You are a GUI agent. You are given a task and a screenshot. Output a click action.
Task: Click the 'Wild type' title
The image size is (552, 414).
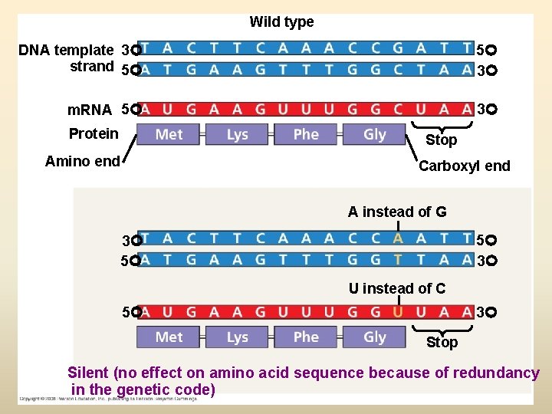[x=281, y=22]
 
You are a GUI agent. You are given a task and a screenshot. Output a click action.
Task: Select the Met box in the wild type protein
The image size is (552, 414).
[x=169, y=134]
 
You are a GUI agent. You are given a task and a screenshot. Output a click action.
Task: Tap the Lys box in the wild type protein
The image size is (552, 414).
[x=237, y=134]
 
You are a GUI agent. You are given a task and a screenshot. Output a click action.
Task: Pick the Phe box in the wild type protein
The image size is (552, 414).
[x=305, y=134]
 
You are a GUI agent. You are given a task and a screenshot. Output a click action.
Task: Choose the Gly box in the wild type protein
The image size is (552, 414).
[x=374, y=134]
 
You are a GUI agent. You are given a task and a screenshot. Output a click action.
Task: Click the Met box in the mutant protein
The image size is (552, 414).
[x=169, y=337]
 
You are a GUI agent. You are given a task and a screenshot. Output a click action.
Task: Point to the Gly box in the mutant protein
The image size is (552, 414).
[x=374, y=337]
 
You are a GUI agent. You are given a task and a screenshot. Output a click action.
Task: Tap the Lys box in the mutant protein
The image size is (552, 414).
[x=237, y=337]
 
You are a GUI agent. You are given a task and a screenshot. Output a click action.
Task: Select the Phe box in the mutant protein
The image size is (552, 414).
[x=305, y=337]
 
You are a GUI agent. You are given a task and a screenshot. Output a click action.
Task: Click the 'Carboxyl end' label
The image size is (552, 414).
[x=464, y=166]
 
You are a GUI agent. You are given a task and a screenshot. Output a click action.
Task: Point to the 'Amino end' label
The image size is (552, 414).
[x=82, y=161]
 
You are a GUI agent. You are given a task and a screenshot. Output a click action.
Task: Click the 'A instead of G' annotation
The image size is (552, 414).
[x=397, y=212]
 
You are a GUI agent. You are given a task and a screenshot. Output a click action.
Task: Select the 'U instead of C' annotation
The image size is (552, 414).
[x=397, y=288]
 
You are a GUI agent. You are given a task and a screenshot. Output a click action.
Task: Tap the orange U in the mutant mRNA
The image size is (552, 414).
[x=398, y=312]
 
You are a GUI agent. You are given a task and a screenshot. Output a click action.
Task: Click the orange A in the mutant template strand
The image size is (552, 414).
[x=398, y=239]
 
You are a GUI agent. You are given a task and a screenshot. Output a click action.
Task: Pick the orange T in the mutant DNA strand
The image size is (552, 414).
[x=398, y=259]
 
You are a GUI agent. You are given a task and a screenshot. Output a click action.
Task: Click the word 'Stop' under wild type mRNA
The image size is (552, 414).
[x=441, y=140]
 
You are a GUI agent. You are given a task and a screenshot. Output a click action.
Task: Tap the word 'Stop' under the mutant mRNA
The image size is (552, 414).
[x=442, y=342]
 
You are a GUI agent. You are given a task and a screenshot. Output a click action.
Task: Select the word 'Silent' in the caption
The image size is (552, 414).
[x=87, y=373]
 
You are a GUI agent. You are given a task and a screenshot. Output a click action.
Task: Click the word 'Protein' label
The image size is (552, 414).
[x=94, y=133]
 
